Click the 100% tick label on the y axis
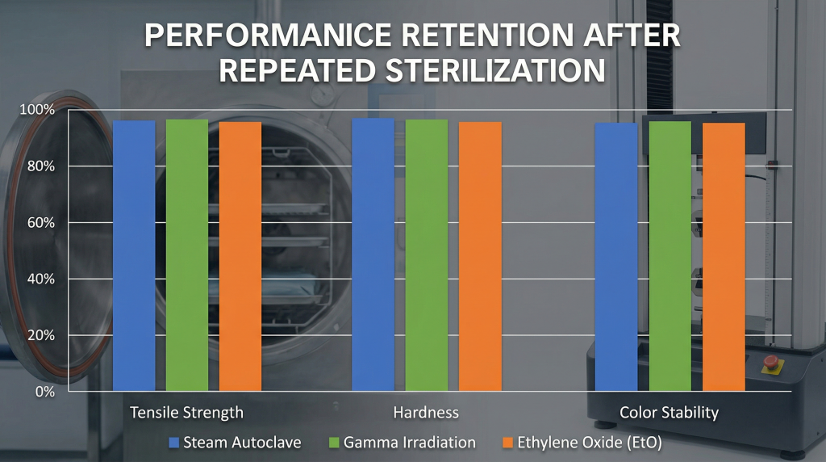(37, 110)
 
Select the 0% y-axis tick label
(44, 392)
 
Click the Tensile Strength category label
(186, 413)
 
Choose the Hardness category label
(426, 413)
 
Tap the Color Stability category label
(669, 413)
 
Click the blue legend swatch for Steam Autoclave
(173, 443)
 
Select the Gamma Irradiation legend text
(410, 443)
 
